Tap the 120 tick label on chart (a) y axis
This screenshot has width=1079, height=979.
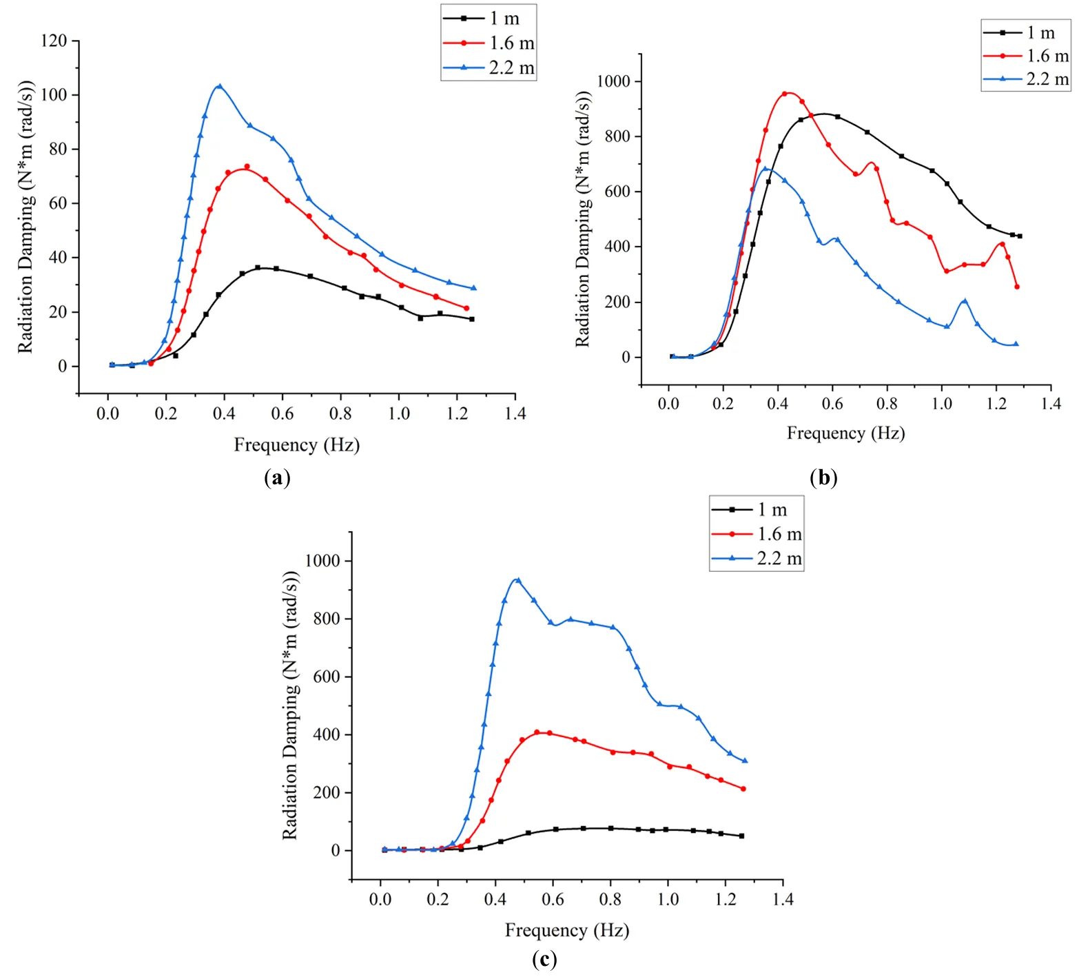point(54,41)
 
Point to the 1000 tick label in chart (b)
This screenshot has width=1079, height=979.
point(613,81)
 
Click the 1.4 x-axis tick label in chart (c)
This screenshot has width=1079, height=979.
point(782,899)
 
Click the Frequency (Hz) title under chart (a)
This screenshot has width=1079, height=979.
point(296,445)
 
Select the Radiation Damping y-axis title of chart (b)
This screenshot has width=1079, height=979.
point(583,220)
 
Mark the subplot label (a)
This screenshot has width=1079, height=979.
point(277,477)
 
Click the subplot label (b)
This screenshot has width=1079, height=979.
point(824,477)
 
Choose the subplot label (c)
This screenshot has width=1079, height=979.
point(544,959)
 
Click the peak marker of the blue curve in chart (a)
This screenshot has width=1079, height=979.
point(220,87)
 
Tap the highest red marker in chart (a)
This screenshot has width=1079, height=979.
point(247,167)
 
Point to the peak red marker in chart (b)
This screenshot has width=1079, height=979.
point(784,94)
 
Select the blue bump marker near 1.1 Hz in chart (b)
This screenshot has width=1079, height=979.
point(965,301)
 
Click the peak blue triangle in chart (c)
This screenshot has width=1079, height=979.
point(518,580)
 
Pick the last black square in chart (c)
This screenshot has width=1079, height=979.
point(741,836)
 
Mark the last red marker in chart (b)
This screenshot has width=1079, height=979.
point(1017,287)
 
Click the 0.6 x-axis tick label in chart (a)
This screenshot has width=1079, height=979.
point(282,414)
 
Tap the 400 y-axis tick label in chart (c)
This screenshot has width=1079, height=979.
point(326,735)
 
